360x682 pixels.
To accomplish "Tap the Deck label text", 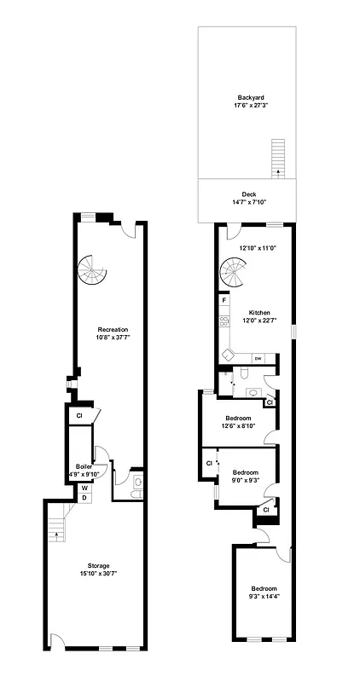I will click(249, 194).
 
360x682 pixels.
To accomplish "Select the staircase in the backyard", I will click(276, 158).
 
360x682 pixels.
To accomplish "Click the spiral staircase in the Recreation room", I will click(93, 272).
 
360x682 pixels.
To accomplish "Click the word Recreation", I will click(113, 329).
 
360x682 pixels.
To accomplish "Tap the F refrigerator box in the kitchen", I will click(224, 300).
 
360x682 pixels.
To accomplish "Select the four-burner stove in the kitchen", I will click(224, 321).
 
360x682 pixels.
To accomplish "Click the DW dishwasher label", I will click(258, 358).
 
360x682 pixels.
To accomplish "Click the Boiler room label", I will click(84, 466).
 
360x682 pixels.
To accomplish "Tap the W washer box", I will click(84, 488).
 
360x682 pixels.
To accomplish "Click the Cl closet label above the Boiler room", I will click(78, 415).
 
